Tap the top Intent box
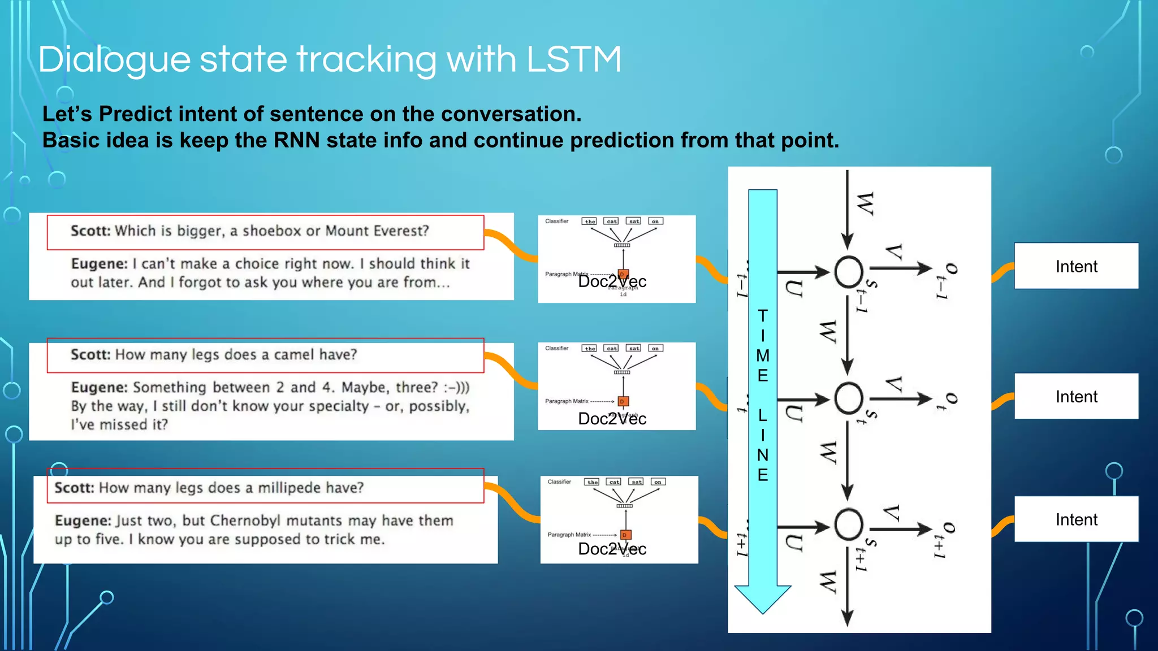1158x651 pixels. click(x=1076, y=266)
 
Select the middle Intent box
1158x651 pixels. click(x=1076, y=396)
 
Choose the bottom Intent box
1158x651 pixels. click(x=1076, y=519)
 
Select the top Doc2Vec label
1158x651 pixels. click(x=612, y=281)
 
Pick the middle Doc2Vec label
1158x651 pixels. click(x=612, y=419)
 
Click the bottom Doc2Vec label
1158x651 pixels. click(x=612, y=549)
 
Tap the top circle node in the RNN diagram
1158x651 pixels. click(x=848, y=272)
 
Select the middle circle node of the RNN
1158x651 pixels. click(x=848, y=398)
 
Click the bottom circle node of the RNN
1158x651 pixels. click(x=848, y=525)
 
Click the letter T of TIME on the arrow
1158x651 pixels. click(x=763, y=315)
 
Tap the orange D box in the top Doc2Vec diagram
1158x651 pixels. click(x=623, y=274)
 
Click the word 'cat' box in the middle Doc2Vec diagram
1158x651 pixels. click(x=611, y=349)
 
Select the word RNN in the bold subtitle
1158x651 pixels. click(x=297, y=140)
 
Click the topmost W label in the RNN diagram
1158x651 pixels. click(x=866, y=203)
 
